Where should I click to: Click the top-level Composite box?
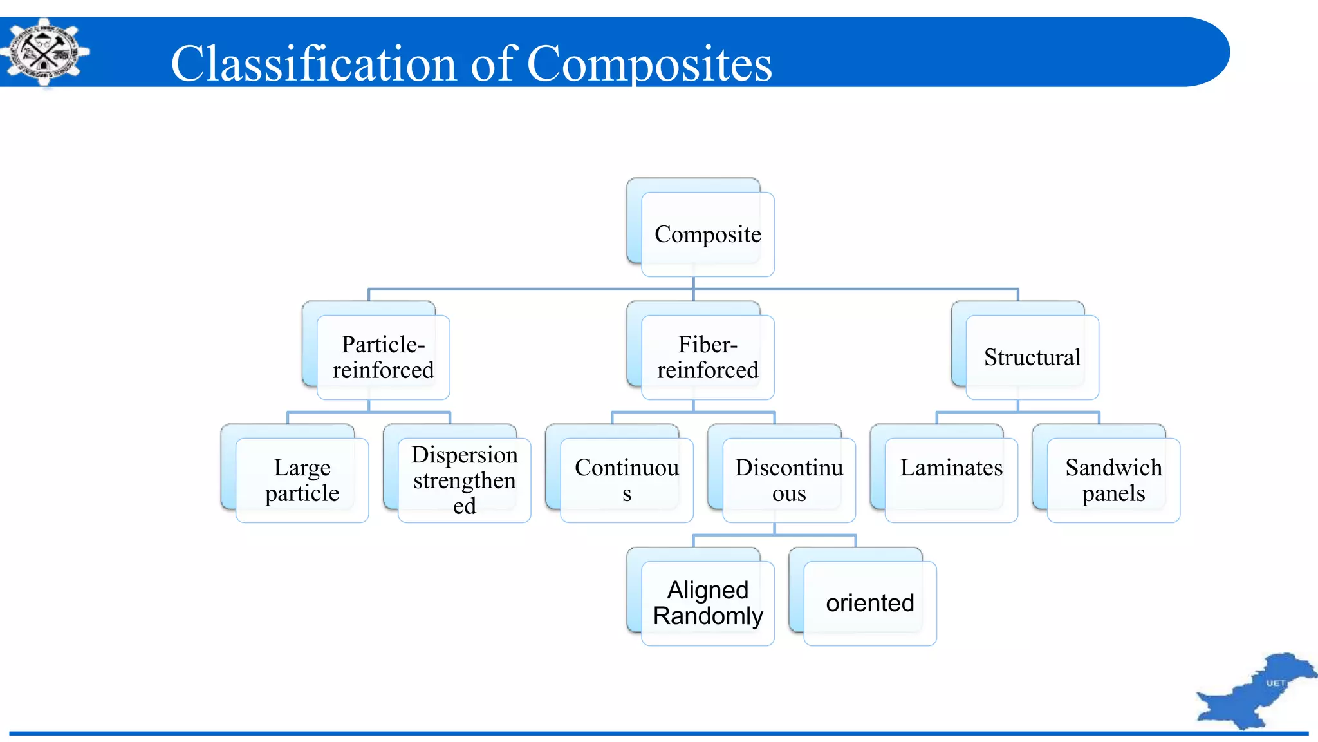(x=707, y=234)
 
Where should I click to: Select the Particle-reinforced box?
(x=383, y=357)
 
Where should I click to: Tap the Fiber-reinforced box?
(x=707, y=357)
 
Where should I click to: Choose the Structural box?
(x=1032, y=357)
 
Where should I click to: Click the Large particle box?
(x=302, y=480)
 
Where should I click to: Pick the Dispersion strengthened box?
(x=464, y=480)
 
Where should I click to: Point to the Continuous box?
(x=626, y=480)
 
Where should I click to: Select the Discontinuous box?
(x=788, y=480)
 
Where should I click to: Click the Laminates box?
(x=951, y=480)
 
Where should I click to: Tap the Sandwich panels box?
(x=1113, y=480)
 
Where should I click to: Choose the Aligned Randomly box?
(x=707, y=603)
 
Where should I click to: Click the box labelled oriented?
(x=869, y=603)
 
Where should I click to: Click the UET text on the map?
(x=1276, y=683)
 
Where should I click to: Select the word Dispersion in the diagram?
(x=464, y=455)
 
